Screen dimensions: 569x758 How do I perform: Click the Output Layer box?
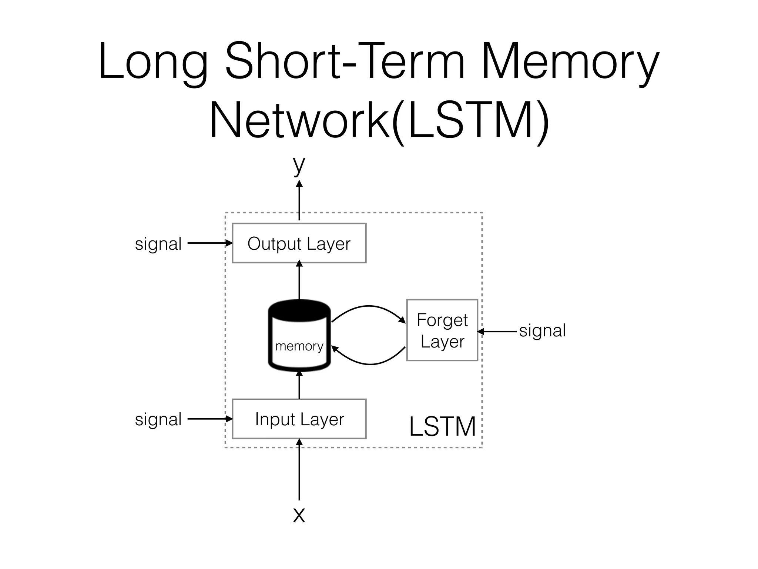point(299,243)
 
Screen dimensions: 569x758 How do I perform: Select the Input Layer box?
point(299,419)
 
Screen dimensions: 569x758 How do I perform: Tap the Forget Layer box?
point(442,330)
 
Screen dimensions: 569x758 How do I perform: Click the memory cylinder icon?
point(299,335)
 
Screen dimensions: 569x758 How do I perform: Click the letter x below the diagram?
point(299,515)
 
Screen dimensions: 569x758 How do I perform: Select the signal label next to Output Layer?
point(158,244)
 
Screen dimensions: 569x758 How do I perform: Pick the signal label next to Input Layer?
point(158,419)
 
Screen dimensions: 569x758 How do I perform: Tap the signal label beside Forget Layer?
point(542,330)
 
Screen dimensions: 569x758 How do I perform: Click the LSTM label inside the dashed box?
point(442,426)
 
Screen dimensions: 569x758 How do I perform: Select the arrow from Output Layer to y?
point(299,200)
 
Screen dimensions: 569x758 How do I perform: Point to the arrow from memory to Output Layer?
point(299,280)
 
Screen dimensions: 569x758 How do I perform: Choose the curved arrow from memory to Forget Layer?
point(369,306)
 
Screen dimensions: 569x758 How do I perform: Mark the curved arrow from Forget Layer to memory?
point(370,364)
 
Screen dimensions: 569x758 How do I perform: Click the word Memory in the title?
point(570,61)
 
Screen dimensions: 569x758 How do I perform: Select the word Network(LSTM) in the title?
point(379,120)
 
